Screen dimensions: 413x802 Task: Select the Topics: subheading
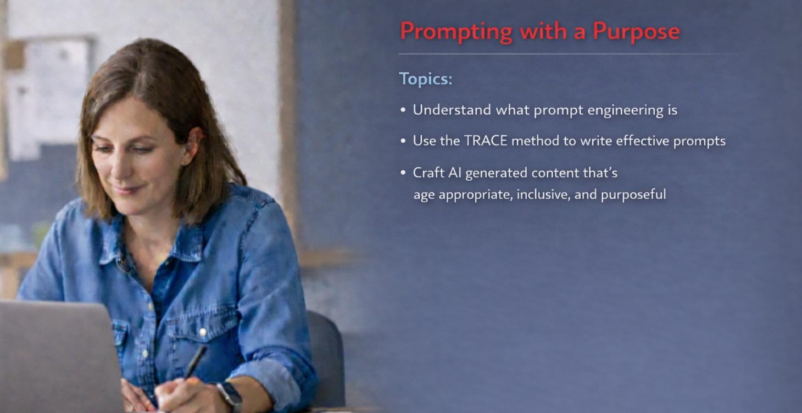pos(426,79)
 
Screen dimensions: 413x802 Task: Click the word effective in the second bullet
pos(642,141)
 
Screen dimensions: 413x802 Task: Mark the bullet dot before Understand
pos(403,110)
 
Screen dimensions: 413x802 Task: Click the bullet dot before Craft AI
pos(403,173)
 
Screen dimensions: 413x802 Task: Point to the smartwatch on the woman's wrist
pos(230,394)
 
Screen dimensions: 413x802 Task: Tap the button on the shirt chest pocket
pos(203,332)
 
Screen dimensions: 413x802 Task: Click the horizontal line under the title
pos(566,54)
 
